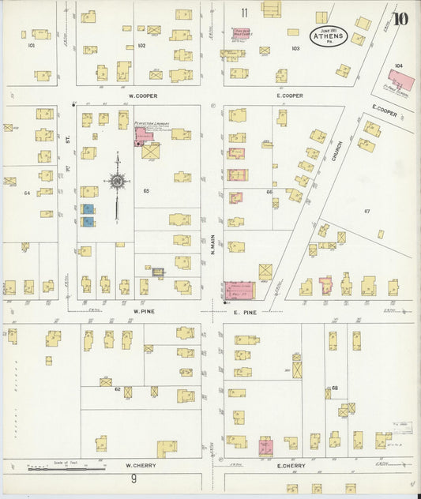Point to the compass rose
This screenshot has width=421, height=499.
117,182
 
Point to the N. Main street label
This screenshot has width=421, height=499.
212,248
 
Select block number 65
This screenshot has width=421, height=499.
145,191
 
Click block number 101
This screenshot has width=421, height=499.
32,46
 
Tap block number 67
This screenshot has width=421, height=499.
366,212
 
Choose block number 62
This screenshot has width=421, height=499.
117,388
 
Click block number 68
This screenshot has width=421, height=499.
334,388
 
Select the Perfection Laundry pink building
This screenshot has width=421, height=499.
145,137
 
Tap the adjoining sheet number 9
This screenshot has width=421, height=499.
133,478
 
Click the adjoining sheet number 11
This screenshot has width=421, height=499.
245,12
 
